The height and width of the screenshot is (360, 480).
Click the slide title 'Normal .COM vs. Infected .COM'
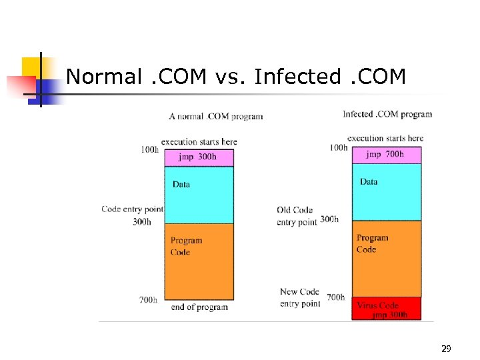click(236, 77)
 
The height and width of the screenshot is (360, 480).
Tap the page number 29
click(446, 349)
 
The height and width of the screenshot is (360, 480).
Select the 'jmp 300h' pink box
click(199, 157)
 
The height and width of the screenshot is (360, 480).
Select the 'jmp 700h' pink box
click(387, 155)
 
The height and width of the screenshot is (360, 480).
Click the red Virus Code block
click(387, 309)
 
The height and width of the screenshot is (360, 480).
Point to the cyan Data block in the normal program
click(199, 195)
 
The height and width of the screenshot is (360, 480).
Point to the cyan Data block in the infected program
click(387, 192)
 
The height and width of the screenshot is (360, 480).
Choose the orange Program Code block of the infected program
click(387, 259)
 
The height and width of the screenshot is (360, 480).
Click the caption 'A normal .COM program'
click(216, 117)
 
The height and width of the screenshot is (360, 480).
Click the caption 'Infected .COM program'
click(387, 114)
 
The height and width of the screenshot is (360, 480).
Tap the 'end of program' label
click(199, 307)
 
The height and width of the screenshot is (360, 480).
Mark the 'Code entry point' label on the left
click(132, 209)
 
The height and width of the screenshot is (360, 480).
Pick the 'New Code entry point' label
click(299, 297)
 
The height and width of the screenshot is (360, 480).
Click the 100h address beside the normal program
click(150, 150)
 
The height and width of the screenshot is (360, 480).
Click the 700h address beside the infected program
click(335, 297)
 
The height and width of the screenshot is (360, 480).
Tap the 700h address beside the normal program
click(148, 300)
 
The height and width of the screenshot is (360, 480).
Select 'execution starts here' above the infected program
click(385, 139)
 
